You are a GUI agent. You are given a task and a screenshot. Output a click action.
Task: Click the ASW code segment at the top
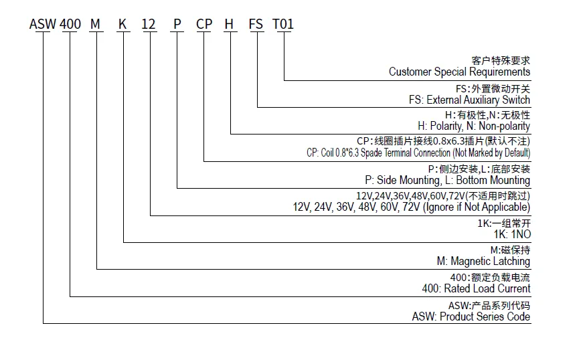point(43,24)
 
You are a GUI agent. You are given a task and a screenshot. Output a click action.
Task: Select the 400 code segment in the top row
point(70,24)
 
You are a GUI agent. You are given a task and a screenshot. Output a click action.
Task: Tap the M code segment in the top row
point(96,24)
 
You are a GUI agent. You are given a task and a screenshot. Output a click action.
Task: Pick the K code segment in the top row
point(123,24)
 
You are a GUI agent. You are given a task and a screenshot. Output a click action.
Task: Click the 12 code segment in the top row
point(149,24)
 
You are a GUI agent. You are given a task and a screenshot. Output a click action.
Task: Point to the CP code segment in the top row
point(204,24)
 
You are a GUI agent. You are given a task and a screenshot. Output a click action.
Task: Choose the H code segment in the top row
point(230,24)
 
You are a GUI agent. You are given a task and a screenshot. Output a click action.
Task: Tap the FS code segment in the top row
point(256,24)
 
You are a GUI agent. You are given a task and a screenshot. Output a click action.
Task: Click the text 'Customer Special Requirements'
point(459,72)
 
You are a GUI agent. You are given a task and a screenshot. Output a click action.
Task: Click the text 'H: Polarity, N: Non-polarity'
point(474,126)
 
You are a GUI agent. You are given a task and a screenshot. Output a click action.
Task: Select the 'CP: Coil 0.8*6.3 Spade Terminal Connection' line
point(418,153)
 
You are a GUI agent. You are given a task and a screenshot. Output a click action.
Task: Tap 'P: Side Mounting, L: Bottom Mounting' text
point(447,180)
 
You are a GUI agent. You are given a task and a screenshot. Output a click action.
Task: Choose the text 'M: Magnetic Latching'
point(483,261)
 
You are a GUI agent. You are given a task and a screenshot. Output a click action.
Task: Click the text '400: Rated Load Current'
point(476,288)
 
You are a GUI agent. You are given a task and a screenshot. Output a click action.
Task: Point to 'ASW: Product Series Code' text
point(471,317)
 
